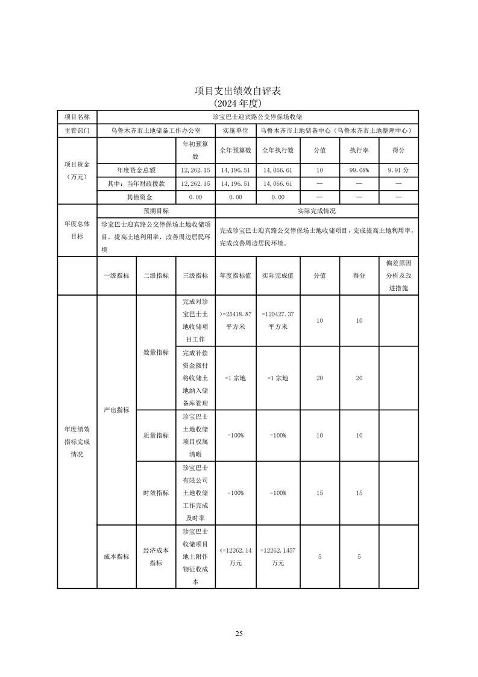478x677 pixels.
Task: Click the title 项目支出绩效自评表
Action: coord(239,91)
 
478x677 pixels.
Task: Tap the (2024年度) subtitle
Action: coord(239,103)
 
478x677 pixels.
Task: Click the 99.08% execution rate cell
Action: coord(359,170)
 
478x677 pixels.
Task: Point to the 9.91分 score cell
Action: coord(398,170)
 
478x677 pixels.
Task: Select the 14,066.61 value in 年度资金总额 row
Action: coord(278,170)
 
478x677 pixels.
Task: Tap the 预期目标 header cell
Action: coord(156,211)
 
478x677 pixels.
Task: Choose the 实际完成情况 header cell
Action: coord(316,211)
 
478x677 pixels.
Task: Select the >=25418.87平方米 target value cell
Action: coord(236,320)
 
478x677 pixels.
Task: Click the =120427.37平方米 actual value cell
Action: coord(278,320)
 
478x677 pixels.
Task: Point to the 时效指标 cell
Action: coord(156,493)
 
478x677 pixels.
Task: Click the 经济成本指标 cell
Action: coord(156,556)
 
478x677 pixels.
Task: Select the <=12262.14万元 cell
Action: coord(236,556)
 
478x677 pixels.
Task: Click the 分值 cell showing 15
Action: coord(319,493)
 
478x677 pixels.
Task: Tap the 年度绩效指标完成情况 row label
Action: coord(77,441)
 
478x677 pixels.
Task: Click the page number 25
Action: coord(239,633)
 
